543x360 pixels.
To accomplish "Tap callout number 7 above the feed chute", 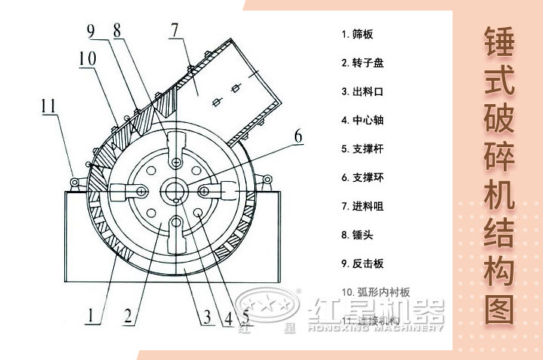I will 175,31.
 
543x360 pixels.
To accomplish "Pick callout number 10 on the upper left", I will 86,58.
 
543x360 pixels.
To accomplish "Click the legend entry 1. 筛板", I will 357,34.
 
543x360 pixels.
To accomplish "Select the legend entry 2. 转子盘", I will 362,63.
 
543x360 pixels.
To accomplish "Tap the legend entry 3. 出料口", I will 362,91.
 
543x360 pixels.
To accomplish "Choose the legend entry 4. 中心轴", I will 362,120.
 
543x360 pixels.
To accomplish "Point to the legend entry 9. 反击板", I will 362,263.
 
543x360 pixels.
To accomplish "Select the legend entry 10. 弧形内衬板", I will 375,291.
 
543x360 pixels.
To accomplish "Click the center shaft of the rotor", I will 176,189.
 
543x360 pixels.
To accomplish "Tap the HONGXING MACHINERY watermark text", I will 376,328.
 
